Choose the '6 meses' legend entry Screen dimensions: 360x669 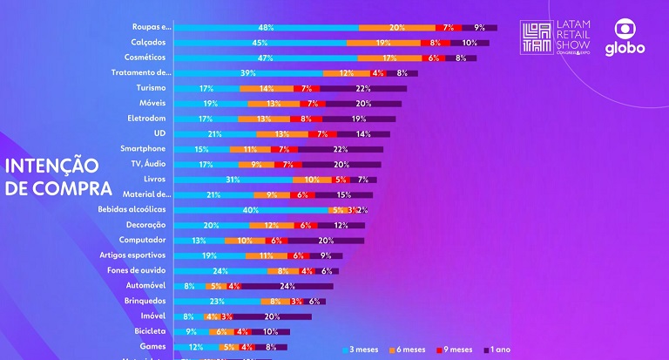[x=408, y=350]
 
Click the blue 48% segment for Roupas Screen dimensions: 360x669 [x=266, y=28]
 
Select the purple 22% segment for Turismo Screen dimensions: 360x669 [x=362, y=88]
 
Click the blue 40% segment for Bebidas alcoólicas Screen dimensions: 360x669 [x=251, y=210]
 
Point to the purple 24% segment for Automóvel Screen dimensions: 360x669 [x=287, y=286]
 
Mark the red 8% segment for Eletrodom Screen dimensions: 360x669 [x=305, y=119]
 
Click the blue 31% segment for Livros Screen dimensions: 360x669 [x=232, y=180]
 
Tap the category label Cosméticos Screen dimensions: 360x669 [x=145, y=58]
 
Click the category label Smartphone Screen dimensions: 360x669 [x=143, y=149]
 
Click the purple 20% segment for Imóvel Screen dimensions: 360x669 [x=272, y=316]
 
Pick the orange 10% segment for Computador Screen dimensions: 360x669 [x=246, y=241]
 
